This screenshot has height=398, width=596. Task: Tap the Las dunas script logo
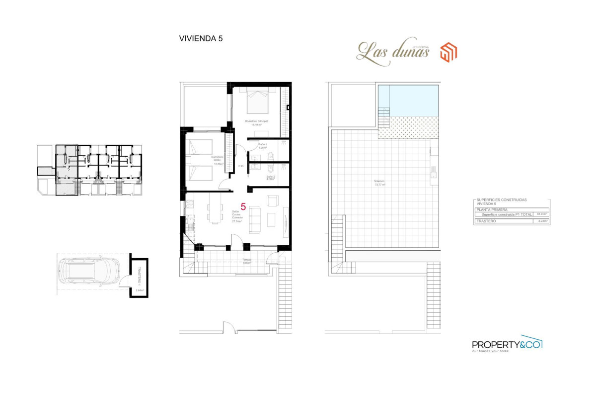[x=392, y=52]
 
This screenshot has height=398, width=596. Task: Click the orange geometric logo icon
[x=449, y=52]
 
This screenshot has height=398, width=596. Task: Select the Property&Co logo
[x=507, y=344]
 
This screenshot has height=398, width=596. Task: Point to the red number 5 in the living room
[x=243, y=207]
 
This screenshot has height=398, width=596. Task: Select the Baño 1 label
[x=262, y=146]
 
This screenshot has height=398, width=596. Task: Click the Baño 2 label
[x=270, y=178]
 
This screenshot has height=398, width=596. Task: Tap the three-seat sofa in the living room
[x=254, y=219]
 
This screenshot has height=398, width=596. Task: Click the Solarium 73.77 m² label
[x=380, y=183]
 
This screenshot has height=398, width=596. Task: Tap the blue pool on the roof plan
[x=408, y=100]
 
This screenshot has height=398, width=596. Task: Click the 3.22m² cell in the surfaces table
[x=542, y=220]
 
